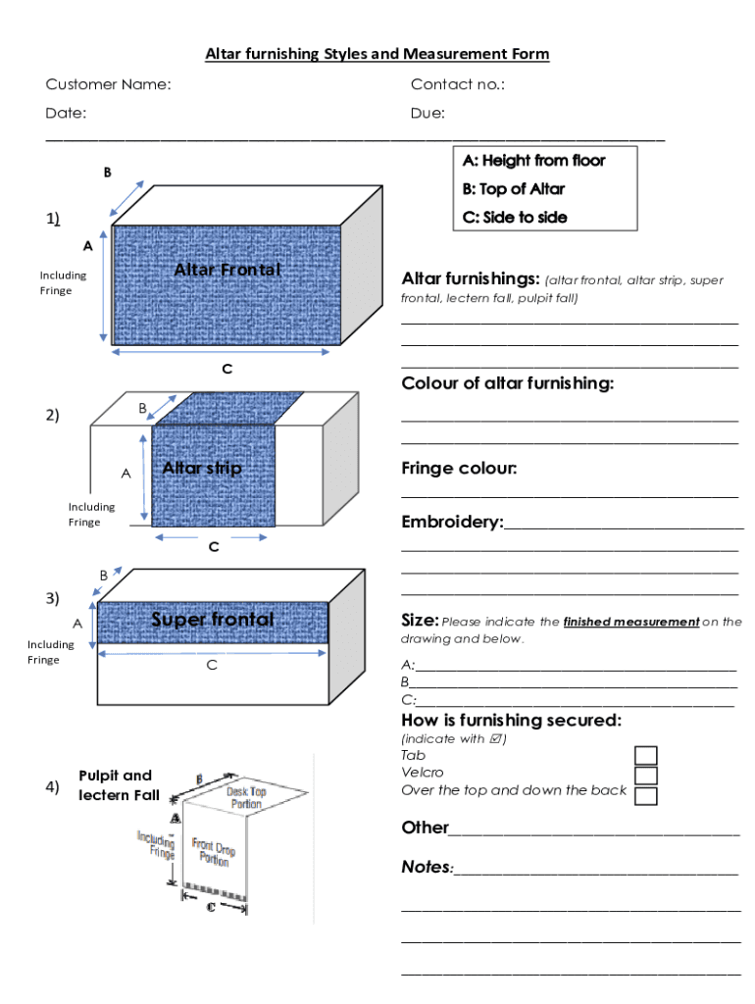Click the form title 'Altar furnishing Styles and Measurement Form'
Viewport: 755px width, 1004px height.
(x=377, y=54)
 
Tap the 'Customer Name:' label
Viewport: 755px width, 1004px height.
(x=108, y=84)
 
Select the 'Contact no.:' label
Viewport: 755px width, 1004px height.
(x=458, y=84)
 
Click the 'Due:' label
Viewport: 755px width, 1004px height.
(x=428, y=113)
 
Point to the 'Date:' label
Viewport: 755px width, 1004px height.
(x=66, y=113)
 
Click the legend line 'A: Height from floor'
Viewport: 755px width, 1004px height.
(x=534, y=161)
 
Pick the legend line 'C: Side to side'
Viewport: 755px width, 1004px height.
(x=515, y=217)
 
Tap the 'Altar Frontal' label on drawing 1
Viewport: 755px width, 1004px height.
(x=227, y=270)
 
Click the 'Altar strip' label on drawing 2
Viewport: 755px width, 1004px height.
(x=201, y=469)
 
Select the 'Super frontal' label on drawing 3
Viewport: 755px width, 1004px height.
(x=212, y=620)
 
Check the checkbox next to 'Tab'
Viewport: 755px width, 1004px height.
(x=646, y=755)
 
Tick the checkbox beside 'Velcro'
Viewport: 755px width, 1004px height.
(x=646, y=776)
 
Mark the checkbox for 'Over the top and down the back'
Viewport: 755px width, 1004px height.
(x=646, y=795)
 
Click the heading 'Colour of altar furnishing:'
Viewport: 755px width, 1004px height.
(x=508, y=383)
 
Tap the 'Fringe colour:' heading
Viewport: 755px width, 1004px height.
(x=459, y=469)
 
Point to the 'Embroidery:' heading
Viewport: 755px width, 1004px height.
(x=452, y=523)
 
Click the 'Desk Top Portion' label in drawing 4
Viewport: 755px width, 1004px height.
(x=246, y=797)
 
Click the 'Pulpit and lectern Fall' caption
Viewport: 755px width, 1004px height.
(x=118, y=784)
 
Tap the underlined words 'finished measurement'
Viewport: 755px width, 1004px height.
(x=631, y=622)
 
